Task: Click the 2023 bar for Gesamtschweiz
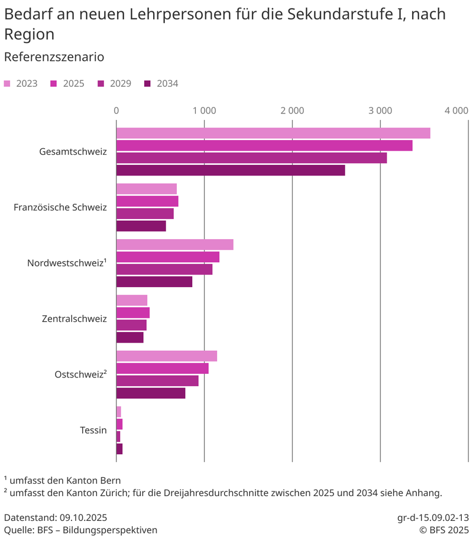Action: click(x=273, y=133)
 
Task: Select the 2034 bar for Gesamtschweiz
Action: click(x=231, y=170)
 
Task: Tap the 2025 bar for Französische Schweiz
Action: click(x=147, y=201)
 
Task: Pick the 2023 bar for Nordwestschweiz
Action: click(x=174, y=245)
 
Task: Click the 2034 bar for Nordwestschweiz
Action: click(x=154, y=282)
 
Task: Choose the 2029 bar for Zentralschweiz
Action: click(x=131, y=325)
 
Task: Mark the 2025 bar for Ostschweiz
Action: click(x=162, y=368)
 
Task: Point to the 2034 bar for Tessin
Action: click(x=119, y=449)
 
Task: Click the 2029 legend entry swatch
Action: click(x=101, y=84)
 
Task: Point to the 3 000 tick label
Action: click(x=380, y=110)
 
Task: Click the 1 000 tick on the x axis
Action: click(x=204, y=110)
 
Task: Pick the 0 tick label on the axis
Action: click(x=116, y=110)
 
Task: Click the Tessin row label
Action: click(x=93, y=430)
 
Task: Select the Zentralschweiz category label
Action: click(x=74, y=319)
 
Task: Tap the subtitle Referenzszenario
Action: click(x=54, y=57)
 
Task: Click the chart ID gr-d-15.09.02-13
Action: click(x=433, y=517)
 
